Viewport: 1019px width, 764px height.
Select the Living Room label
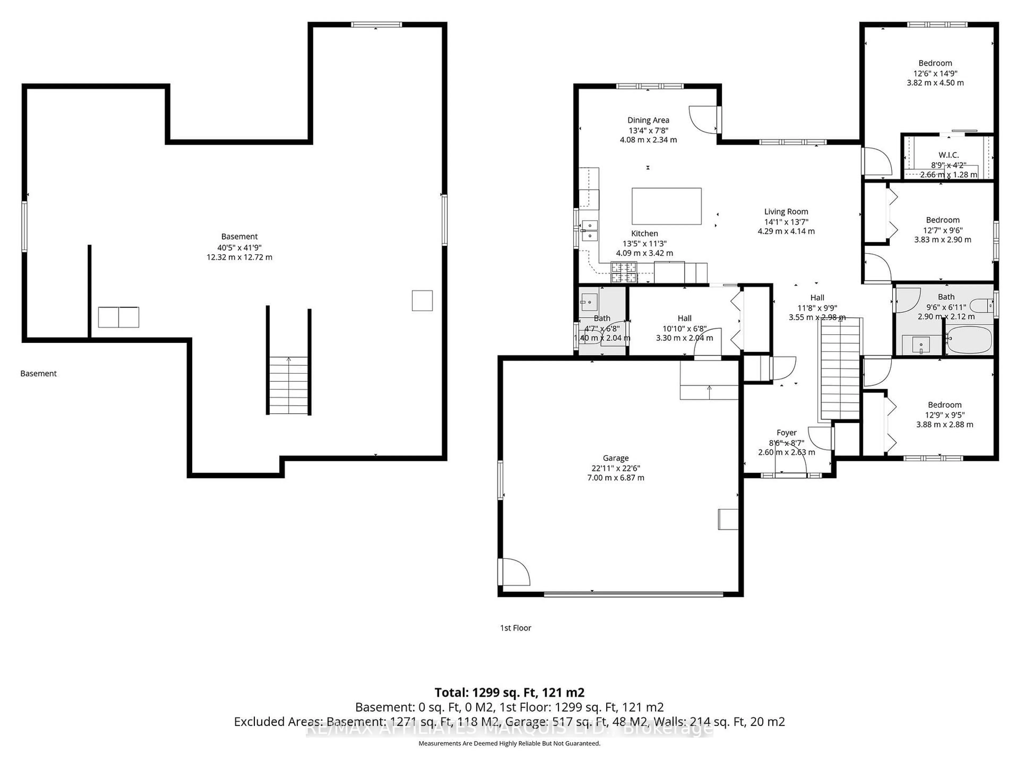point(786,212)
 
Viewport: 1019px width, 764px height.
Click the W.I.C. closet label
point(948,155)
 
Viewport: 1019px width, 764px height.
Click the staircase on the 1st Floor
point(840,368)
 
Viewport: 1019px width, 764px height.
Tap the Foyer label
point(786,433)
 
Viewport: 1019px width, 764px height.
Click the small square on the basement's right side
point(422,300)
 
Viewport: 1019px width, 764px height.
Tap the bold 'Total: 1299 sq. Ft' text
point(509,693)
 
